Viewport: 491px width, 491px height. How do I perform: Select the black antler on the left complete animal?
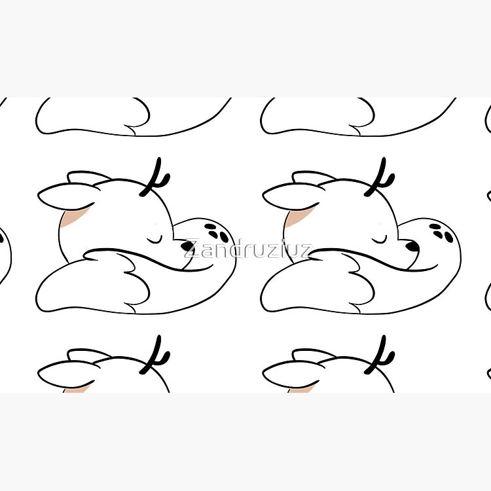click(x=155, y=177)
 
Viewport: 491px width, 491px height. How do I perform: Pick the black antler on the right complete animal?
click(x=380, y=177)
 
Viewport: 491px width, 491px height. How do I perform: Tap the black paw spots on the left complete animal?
click(x=217, y=231)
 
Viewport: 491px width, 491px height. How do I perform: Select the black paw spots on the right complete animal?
click(x=441, y=231)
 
